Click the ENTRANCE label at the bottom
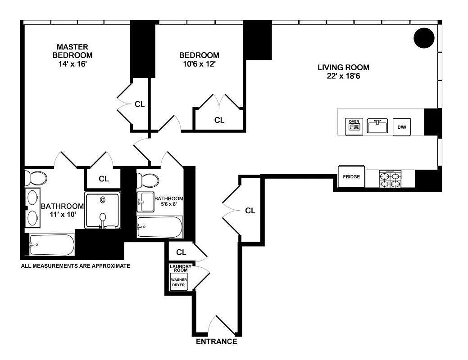(x=216, y=342)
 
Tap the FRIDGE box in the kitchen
(x=351, y=177)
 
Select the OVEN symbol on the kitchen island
(x=354, y=126)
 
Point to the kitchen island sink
(x=377, y=126)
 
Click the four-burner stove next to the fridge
(x=390, y=179)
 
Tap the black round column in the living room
(x=424, y=38)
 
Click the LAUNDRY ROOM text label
(x=180, y=268)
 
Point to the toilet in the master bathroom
(x=35, y=178)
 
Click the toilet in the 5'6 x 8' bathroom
(x=148, y=180)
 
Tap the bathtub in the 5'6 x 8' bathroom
(x=159, y=227)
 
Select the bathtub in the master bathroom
(x=51, y=245)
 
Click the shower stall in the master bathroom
(x=103, y=211)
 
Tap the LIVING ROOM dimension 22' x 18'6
(x=343, y=76)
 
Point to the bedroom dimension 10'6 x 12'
(x=199, y=64)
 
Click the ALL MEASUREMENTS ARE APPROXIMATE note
(x=76, y=266)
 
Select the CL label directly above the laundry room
(x=181, y=252)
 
